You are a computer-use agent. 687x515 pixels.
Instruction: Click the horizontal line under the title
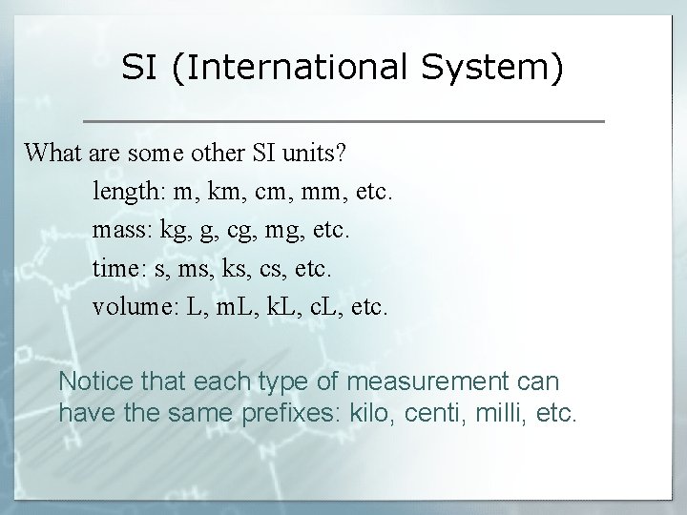pos(343,121)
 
